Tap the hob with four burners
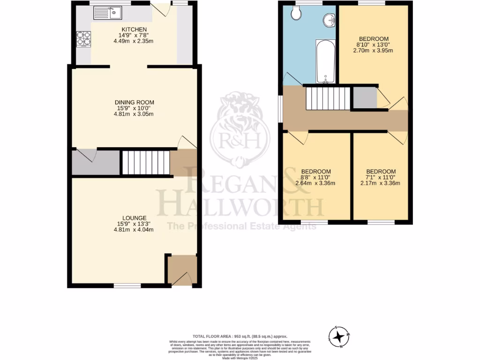83,39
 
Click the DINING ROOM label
135,102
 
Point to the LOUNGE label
135,218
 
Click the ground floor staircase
145,162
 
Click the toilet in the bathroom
296,13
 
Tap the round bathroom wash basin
330,20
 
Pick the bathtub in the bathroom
325,61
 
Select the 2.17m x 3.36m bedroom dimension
380,183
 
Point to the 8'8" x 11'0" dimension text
315,177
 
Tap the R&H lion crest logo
240,129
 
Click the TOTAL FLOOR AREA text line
240,336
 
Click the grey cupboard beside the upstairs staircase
365,97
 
